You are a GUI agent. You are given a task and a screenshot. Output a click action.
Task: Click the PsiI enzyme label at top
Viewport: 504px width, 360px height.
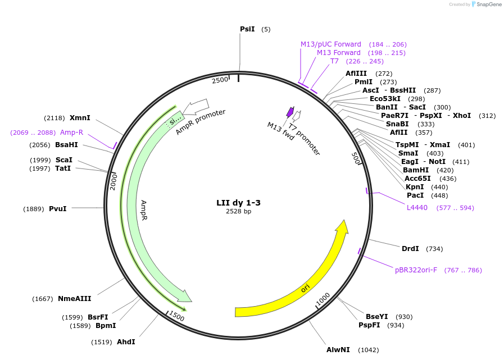pos(247,29)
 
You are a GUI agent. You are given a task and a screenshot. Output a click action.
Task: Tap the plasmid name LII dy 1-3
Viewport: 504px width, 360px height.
pos(238,203)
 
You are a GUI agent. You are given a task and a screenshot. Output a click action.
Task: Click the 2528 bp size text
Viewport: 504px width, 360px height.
pos(238,212)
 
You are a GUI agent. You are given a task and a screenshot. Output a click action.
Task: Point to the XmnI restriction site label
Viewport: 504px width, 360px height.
pos(80,118)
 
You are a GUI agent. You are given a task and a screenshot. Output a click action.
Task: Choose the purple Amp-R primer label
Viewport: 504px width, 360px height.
pos(71,133)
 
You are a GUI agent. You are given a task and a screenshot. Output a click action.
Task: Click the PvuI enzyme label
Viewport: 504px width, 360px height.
pos(58,209)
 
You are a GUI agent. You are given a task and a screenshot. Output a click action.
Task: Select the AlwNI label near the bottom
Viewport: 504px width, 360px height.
pos(338,350)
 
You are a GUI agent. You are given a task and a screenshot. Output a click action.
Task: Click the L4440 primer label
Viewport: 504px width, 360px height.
pos(417,208)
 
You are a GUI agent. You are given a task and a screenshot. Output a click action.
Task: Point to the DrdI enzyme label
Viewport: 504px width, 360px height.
pos(410,249)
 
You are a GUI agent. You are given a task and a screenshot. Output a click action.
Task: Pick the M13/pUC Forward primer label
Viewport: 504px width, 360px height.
pos(331,44)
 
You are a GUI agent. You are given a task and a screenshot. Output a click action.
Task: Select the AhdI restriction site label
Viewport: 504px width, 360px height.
pos(126,342)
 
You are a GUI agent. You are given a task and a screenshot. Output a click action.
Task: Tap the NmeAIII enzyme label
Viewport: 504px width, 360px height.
pos(74,299)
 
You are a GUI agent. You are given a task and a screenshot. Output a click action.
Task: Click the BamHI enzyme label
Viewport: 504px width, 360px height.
pos(416,170)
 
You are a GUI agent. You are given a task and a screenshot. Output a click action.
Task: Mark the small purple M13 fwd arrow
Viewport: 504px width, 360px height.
pos(290,112)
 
